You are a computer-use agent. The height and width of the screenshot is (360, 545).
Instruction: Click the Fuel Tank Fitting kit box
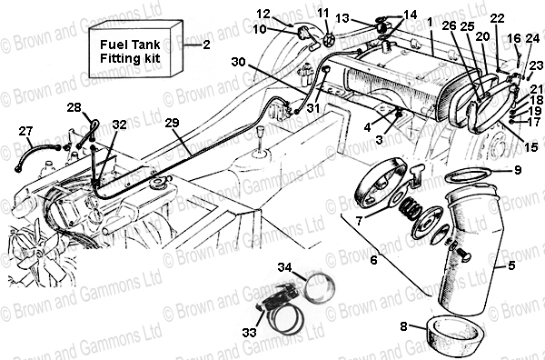[135, 49]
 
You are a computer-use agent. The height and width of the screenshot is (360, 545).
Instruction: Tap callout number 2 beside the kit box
[206, 45]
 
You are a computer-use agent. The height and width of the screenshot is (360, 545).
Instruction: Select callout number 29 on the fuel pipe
[172, 123]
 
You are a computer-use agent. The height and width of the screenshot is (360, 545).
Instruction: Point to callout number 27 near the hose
[25, 132]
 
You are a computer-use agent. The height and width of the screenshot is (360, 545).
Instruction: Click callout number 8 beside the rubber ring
[403, 327]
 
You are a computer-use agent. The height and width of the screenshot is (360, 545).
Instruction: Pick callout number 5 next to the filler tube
[511, 265]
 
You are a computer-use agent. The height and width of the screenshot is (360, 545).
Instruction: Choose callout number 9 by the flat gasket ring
[518, 170]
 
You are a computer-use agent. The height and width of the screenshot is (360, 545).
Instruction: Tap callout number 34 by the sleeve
[284, 267]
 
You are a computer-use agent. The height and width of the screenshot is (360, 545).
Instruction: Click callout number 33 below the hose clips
[250, 333]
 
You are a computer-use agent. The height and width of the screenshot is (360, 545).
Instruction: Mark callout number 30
[238, 62]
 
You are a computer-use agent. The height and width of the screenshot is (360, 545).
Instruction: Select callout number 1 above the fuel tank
[430, 23]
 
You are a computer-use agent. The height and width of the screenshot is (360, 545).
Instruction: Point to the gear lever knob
[259, 133]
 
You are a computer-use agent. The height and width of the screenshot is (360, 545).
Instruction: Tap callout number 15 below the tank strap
[530, 147]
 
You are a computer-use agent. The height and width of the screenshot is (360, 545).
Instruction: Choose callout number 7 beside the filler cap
[360, 220]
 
